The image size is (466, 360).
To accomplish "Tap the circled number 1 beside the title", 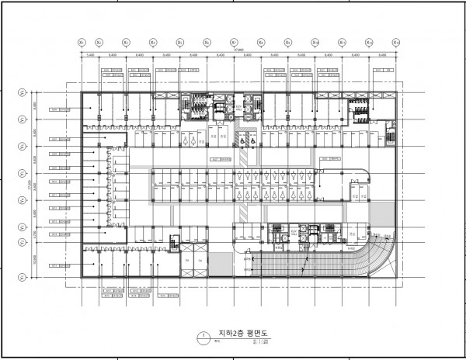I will [202, 337].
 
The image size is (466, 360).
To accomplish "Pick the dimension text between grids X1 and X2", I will [91, 55].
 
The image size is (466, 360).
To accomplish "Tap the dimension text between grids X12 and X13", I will [382, 55].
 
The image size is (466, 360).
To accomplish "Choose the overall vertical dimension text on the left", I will [29, 186].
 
